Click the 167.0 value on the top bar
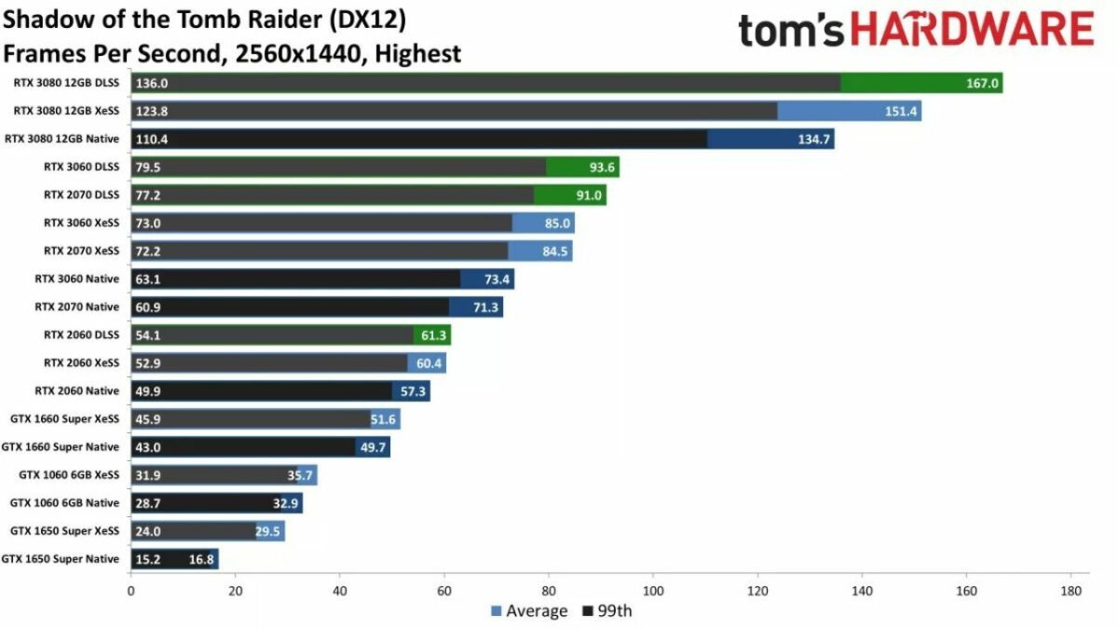[x=982, y=84]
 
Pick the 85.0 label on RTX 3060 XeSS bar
[x=557, y=224]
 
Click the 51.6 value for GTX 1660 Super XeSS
[x=384, y=419]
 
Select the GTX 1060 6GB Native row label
[x=64, y=502]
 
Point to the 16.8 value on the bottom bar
[x=202, y=559]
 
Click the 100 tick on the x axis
[x=653, y=591]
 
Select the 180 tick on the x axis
[x=1070, y=591]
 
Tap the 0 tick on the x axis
[x=131, y=591]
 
